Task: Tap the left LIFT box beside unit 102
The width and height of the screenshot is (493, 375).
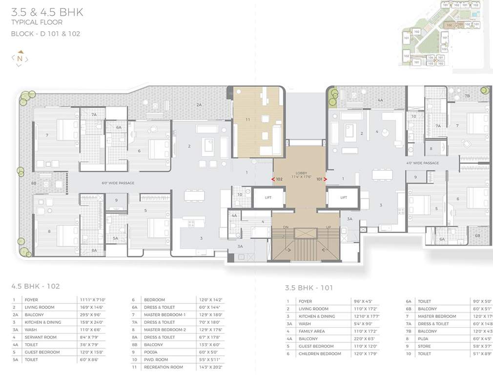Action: click(268, 198)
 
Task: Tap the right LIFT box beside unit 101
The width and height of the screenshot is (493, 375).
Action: click(343, 198)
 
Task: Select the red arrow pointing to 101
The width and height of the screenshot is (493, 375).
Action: click(325, 179)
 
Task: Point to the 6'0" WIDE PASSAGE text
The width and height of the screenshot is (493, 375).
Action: click(118, 183)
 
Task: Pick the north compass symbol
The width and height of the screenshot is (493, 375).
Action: click(20, 59)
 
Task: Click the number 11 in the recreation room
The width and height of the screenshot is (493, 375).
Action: click(247, 119)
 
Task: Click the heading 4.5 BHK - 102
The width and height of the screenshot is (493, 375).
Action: click(35, 286)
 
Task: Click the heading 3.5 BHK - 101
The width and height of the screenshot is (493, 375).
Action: click(309, 288)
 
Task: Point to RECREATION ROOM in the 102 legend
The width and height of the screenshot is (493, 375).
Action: click(164, 367)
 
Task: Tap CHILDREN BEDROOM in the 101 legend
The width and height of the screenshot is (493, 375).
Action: click(320, 354)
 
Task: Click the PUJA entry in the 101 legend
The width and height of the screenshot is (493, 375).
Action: click(423, 338)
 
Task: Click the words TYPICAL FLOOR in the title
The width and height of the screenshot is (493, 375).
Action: click(37, 22)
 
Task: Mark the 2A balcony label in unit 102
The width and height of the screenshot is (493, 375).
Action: click(199, 105)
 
